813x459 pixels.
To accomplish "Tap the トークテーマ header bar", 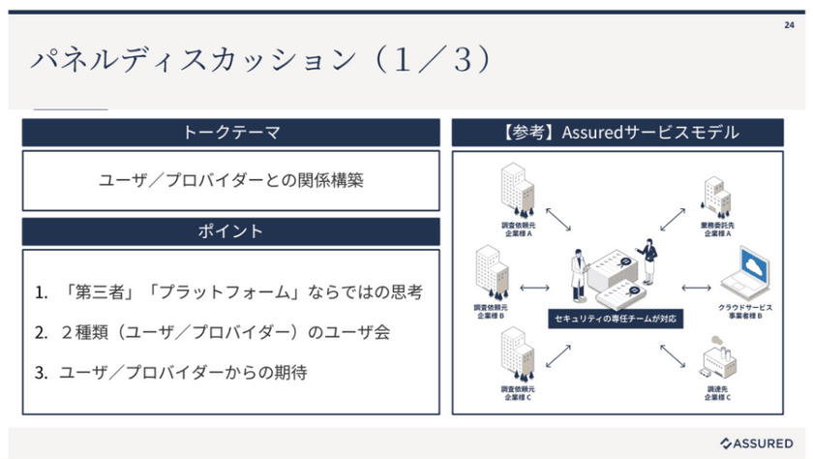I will (231, 133).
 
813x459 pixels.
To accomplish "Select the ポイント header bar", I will (231, 231).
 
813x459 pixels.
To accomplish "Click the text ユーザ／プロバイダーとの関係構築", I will (231, 180).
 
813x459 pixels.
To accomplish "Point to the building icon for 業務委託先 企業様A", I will (716, 198).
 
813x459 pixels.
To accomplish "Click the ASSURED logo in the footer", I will (759, 443).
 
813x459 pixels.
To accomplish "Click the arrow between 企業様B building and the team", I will (534, 287).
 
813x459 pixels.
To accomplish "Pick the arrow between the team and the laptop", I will (696, 287).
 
